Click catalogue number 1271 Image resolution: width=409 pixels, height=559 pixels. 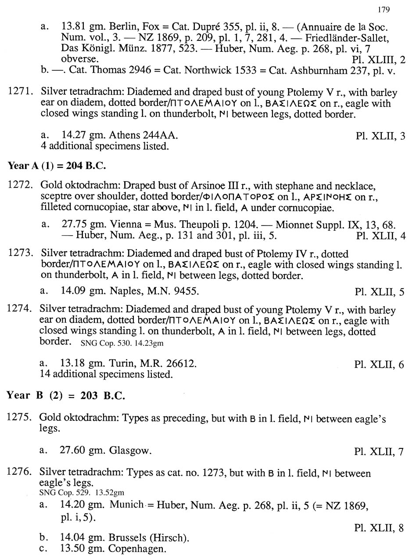tap(20, 93)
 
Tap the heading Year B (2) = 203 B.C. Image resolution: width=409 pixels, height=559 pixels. tap(66, 395)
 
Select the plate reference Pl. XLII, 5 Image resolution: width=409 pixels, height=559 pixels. tap(380, 292)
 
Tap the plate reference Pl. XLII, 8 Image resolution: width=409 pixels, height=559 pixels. tap(379, 528)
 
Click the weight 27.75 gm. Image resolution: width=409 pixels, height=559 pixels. tap(78, 225)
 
